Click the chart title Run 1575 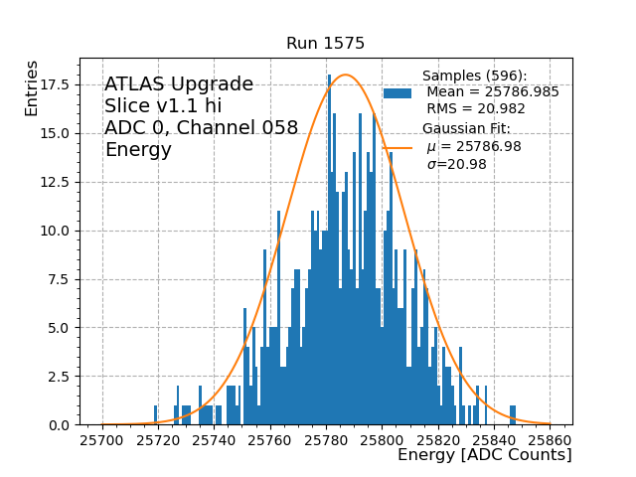coord(325,44)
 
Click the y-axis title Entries coord(33,88)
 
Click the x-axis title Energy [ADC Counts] coord(484,455)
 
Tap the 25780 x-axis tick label coord(327,438)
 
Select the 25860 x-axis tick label coord(552,438)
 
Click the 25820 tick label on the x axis coord(439,438)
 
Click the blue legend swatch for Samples coord(397,92)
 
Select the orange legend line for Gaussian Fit coord(397,147)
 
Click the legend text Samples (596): coord(475,77)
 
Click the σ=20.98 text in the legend coord(456,165)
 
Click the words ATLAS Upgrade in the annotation coord(179,84)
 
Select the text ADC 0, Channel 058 coord(201,128)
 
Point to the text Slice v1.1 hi coord(163,106)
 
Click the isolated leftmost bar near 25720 coord(156,414)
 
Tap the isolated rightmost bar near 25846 coord(513,414)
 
